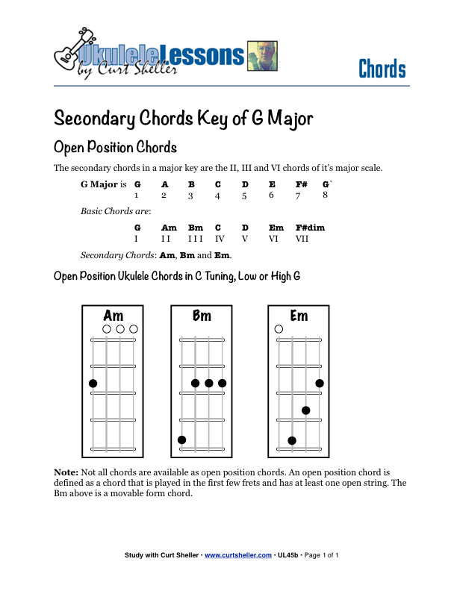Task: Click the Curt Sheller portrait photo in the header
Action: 261,55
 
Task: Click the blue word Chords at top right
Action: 382,69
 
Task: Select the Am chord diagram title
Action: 114,316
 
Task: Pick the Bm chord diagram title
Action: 202,316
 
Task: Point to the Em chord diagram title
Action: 299,316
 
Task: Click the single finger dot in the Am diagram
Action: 93,384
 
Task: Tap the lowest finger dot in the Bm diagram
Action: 181,440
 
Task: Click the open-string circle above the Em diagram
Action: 279,329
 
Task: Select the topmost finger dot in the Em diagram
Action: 320,384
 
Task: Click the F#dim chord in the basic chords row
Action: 310,228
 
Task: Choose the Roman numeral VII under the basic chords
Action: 302,239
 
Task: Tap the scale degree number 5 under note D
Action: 244,196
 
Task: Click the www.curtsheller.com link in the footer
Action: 237,555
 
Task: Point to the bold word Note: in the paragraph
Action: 66,472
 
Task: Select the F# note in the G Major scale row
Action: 301,184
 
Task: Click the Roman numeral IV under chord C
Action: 220,239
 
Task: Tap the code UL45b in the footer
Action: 287,555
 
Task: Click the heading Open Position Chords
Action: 115,146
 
